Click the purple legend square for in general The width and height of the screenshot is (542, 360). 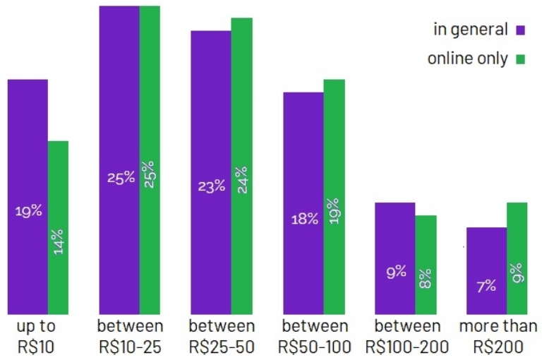pos(522,30)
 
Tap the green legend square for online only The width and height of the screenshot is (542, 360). pos(522,59)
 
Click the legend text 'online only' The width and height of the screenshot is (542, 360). pos(467,59)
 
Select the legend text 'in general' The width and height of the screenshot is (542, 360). pos(470,30)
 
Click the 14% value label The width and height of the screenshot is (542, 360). pos(58,241)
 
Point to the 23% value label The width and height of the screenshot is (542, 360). pos(211,186)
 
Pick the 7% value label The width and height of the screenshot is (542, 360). pos(486,286)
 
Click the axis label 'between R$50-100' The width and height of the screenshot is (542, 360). pos(315,337)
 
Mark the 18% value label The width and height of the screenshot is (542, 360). pos(304,220)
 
